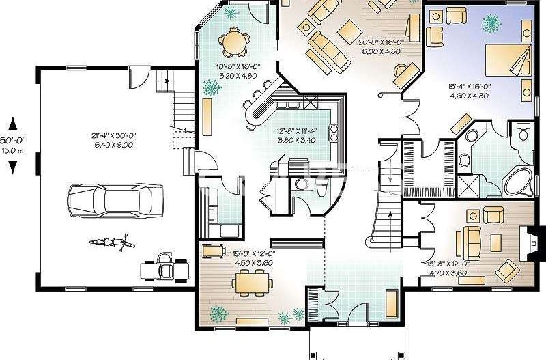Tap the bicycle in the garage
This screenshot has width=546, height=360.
[x=109, y=242]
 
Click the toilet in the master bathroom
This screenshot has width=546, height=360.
[x=523, y=132]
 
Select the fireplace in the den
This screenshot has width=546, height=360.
[x=530, y=243]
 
